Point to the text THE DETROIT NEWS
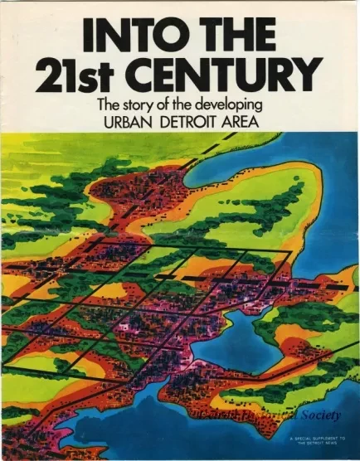click(x=316, y=444)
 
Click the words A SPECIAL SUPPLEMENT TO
click(x=316, y=439)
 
